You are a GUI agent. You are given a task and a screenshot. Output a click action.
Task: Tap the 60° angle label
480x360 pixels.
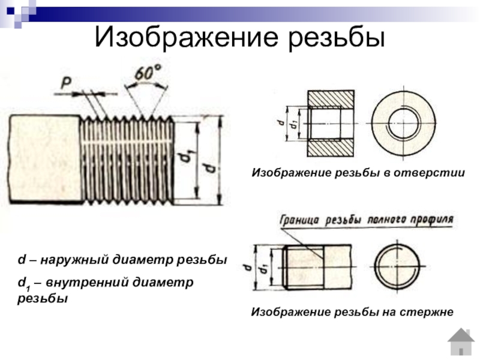click(148, 73)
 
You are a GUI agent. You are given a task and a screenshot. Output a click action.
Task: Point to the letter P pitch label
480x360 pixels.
click(66, 83)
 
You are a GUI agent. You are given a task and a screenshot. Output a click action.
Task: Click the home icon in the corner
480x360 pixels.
click(461, 342)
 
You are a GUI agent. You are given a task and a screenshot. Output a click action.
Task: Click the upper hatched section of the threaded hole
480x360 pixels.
click(331, 98)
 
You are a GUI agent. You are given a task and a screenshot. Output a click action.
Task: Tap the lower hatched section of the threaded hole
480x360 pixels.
click(331, 149)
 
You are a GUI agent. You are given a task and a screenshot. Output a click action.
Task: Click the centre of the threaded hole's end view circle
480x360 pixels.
click(403, 124)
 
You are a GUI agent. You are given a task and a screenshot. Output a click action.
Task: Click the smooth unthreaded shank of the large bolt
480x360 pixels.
click(46, 158)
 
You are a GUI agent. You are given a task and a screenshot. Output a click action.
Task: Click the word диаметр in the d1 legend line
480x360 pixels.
click(163, 282)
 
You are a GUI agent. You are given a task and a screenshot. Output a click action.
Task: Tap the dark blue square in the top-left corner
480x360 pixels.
click(11, 11)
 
